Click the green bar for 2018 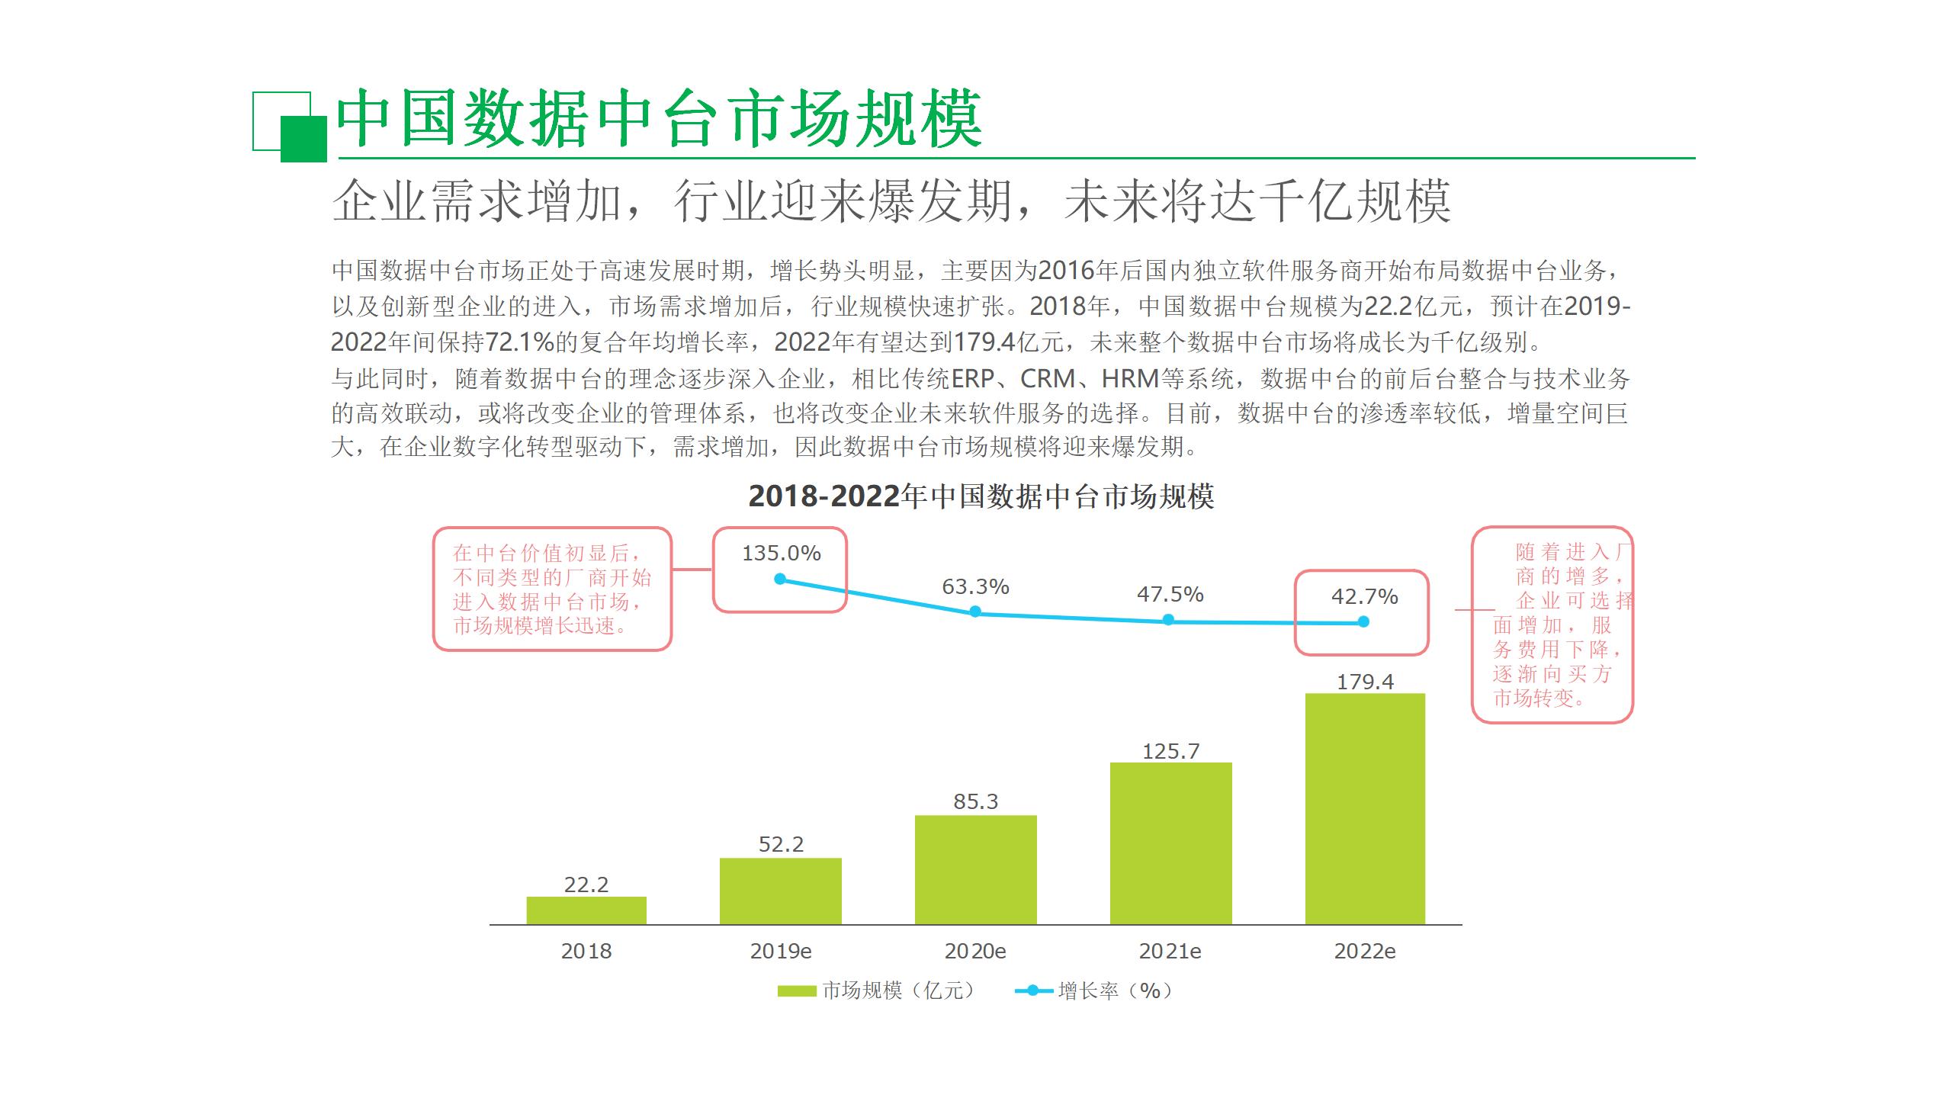click(x=586, y=910)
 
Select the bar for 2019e click(x=780, y=891)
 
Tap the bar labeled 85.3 click(x=975, y=869)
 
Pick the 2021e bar click(x=1170, y=843)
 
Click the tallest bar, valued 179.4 click(x=1365, y=808)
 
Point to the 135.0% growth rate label click(x=781, y=553)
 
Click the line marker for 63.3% click(x=975, y=612)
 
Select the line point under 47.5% click(x=1169, y=620)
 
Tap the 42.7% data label click(x=1364, y=596)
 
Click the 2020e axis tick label click(x=975, y=951)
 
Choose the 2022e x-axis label click(x=1365, y=951)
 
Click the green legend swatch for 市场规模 click(x=797, y=990)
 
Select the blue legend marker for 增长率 click(x=1033, y=990)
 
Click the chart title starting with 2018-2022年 click(x=981, y=496)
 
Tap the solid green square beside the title click(x=303, y=139)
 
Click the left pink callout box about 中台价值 click(x=552, y=589)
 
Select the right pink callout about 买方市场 click(x=1552, y=624)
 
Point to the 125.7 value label click(x=1170, y=751)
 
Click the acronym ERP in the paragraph click(x=972, y=378)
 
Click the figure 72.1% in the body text click(x=518, y=342)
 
